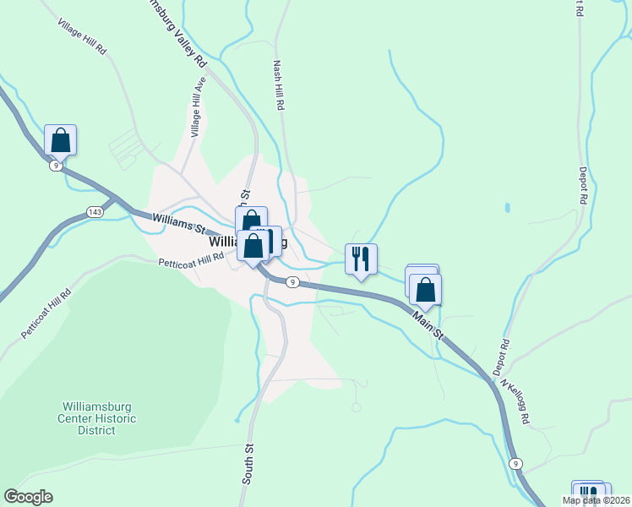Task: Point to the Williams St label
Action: [x=179, y=223]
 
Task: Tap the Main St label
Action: [x=428, y=324]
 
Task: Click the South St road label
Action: [x=248, y=464]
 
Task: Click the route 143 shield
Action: [x=95, y=211]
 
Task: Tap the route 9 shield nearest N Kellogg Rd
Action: [x=515, y=464]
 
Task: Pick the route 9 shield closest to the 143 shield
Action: [x=54, y=166]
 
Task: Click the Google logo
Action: [x=28, y=497]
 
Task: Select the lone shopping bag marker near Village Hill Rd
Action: [x=61, y=140]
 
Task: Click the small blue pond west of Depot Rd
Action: [x=506, y=207]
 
